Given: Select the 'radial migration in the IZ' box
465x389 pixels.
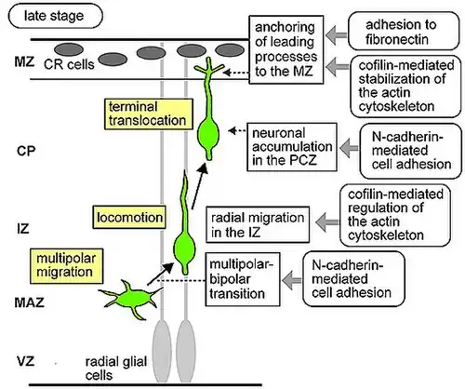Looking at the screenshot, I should (x=250, y=225).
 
